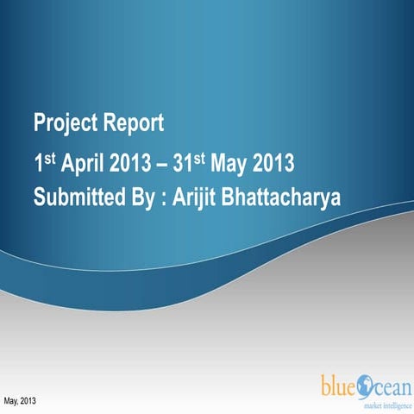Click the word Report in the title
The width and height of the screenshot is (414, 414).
pyautogui.click(x=135, y=122)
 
